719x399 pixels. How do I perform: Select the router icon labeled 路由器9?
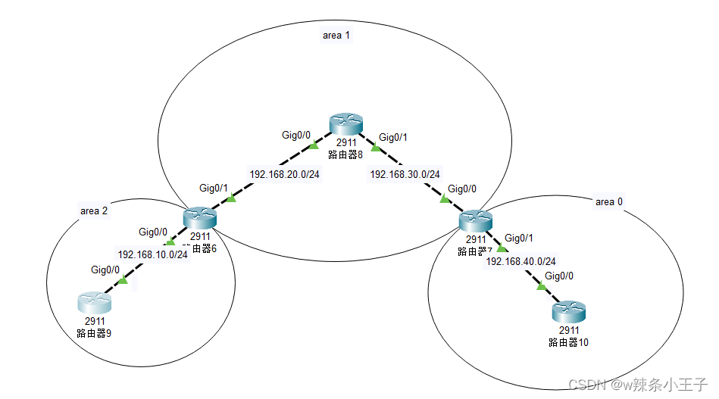point(94,304)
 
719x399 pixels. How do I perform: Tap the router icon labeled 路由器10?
point(568,311)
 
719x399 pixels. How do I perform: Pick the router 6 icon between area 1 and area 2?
point(200,218)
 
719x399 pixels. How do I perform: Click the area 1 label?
point(336,36)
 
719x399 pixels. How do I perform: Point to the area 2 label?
point(94,211)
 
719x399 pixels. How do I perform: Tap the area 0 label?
point(609,201)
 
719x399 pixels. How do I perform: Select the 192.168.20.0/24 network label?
point(284,173)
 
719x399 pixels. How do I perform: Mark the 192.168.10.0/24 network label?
point(152,254)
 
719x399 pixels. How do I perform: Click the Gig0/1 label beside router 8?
point(393,137)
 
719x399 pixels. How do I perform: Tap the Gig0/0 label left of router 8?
point(296,136)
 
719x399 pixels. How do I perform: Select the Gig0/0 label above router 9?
point(105,270)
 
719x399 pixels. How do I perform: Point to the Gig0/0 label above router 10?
point(560,276)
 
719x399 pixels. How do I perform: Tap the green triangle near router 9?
point(123,281)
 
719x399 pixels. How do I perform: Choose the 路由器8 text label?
point(345,154)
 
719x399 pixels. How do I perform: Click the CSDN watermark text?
point(637,385)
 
